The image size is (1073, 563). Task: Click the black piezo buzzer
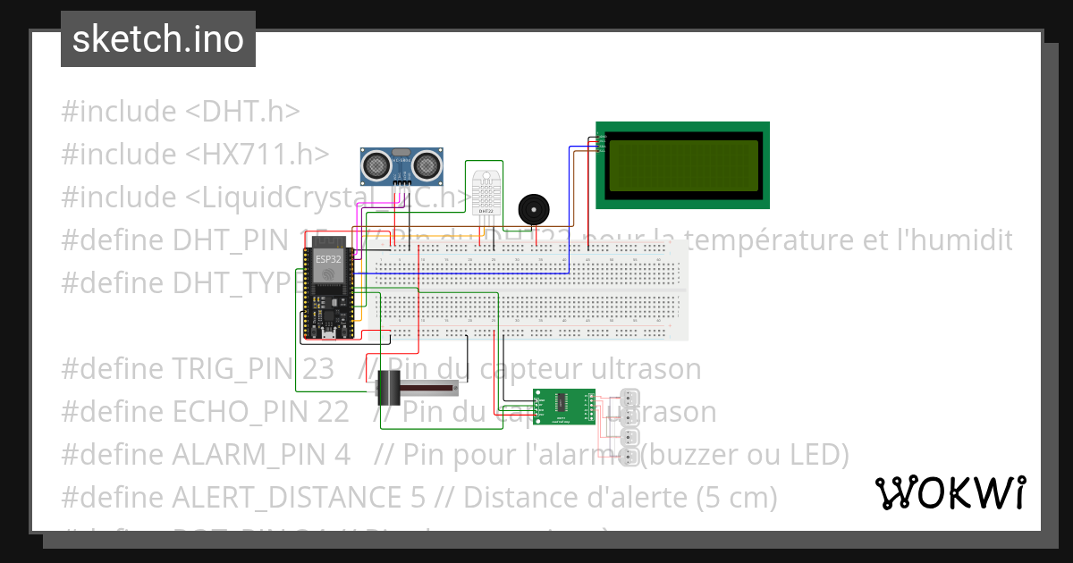534,211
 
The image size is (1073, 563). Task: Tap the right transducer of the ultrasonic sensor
427,164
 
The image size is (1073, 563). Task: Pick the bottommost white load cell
630,458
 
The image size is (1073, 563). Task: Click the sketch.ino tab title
158,39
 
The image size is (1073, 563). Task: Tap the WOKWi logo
950,492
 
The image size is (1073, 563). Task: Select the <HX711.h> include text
251,155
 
